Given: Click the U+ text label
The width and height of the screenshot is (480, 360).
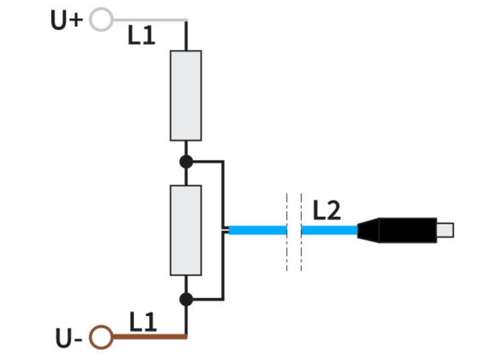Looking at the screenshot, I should pyautogui.click(x=66, y=20).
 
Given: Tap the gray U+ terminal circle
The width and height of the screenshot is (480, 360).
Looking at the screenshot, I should pyautogui.click(x=101, y=19).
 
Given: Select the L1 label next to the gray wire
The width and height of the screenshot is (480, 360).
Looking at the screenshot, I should pyautogui.click(x=142, y=36).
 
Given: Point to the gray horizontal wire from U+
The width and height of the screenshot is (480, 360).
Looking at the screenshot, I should pyautogui.click(x=148, y=20).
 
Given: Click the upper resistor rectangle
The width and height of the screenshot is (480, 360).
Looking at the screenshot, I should pyautogui.click(x=186, y=95).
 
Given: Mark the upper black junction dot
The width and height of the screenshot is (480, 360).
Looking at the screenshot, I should pyautogui.click(x=186, y=162).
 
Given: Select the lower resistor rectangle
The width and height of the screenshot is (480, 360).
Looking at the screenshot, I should pyautogui.click(x=186, y=230).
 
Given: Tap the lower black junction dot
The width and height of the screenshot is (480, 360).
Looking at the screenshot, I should pyautogui.click(x=186, y=299).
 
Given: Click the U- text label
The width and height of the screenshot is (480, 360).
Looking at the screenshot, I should pyautogui.click(x=69, y=339).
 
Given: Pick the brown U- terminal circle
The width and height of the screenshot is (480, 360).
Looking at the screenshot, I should pyautogui.click(x=101, y=336).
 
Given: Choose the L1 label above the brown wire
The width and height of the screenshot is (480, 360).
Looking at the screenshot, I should pyautogui.click(x=143, y=323).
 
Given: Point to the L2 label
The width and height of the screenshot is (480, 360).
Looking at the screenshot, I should pyautogui.click(x=327, y=212).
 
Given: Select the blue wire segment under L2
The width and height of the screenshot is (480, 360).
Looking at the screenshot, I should pyautogui.click(x=329, y=230).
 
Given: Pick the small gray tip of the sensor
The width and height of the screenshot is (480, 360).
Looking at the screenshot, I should pyautogui.click(x=445, y=230).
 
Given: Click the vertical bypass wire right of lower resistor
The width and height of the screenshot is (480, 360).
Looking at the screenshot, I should pyautogui.click(x=222, y=269).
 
